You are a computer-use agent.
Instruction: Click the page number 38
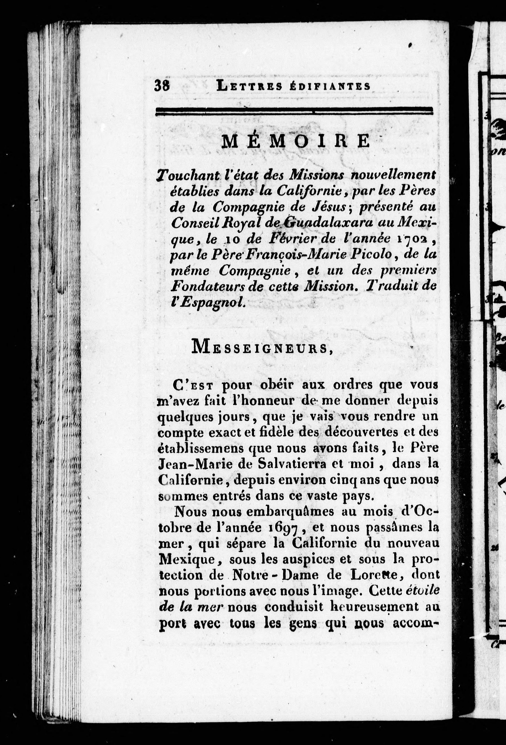click(162, 86)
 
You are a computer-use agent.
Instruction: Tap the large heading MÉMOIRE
click(296, 141)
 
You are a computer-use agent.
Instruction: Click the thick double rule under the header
click(294, 111)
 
